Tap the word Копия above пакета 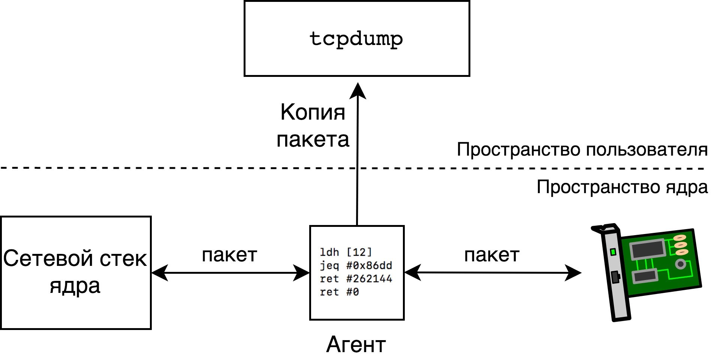313,112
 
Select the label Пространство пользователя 582,150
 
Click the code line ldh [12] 346,252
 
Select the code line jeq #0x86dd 356,266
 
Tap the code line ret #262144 356,279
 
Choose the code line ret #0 339,292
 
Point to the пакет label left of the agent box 229,255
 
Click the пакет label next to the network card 492,255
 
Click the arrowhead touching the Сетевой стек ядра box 160,273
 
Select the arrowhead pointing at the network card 573,273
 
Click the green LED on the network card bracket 613,252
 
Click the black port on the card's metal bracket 615,277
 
